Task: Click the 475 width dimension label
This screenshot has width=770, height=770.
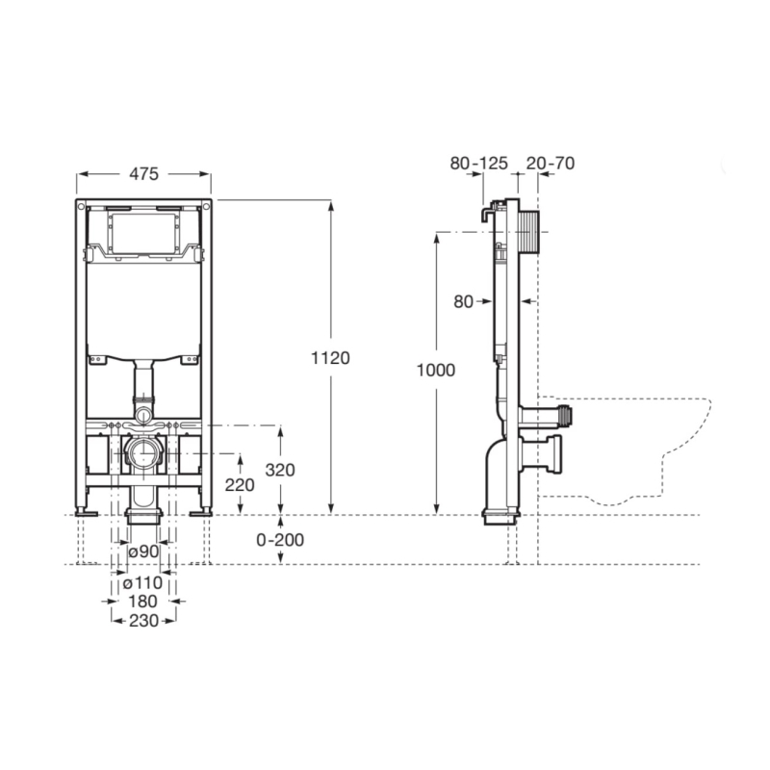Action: [x=143, y=174]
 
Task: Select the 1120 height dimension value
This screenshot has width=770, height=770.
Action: [x=330, y=358]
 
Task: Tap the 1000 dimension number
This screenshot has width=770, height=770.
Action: [x=436, y=370]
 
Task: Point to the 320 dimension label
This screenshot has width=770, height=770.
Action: [x=280, y=470]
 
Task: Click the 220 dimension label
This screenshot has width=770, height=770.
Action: [x=240, y=485]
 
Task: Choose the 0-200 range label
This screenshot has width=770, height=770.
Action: [x=280, y=540]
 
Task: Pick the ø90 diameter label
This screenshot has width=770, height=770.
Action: [x=143, y=552]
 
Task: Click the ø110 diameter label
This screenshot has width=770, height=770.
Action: [x=142, y=583]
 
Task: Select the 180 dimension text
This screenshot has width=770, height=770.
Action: [x=142, y=602]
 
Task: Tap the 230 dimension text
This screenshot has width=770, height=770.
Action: [x=143, y=621]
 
